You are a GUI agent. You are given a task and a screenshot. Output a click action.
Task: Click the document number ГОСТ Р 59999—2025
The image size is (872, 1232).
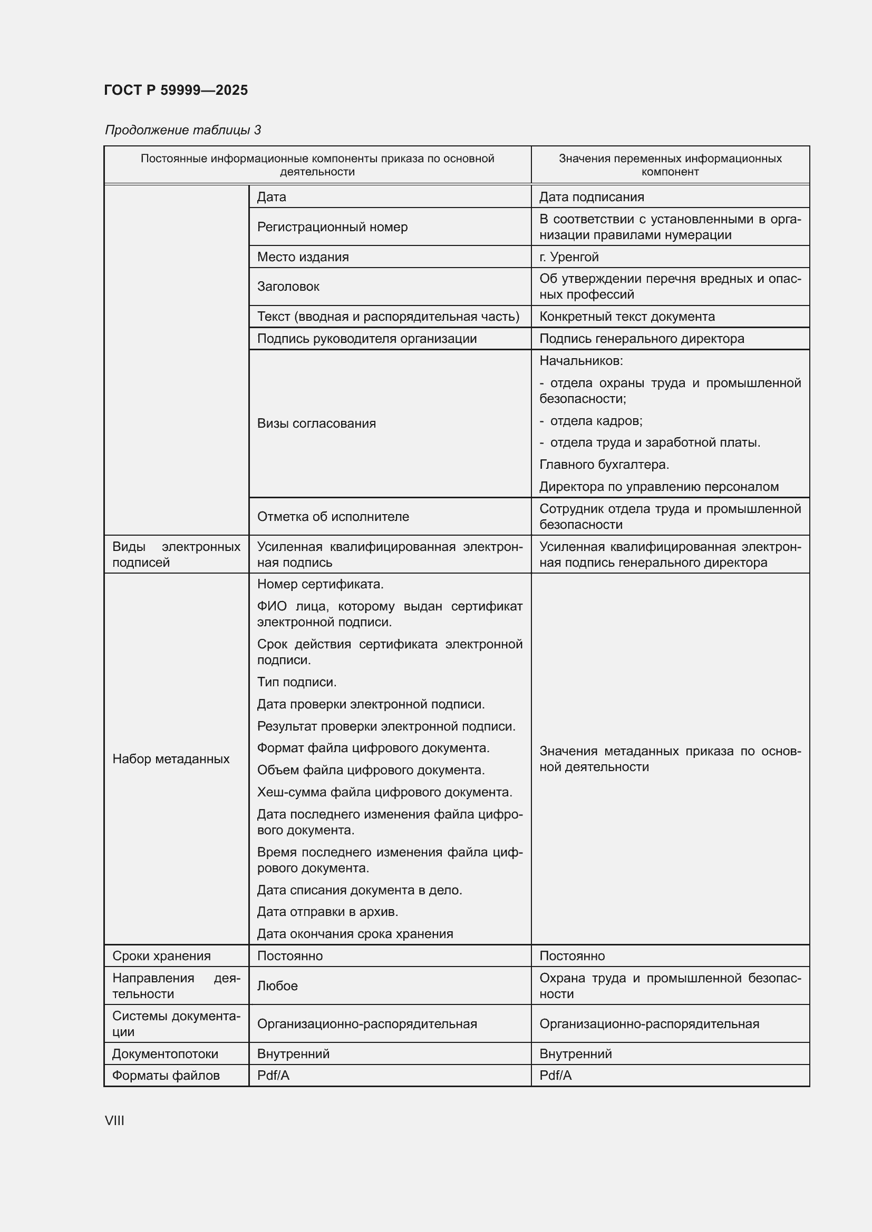(176, 90)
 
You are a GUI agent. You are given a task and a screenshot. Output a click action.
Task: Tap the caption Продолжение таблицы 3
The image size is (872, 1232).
(182, 130)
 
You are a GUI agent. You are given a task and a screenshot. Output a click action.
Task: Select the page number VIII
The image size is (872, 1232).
(114, 1120)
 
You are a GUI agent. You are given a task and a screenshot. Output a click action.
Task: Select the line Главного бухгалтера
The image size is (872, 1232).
(604, 465)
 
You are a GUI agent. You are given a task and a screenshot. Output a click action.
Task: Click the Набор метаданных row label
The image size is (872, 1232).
(171, 758)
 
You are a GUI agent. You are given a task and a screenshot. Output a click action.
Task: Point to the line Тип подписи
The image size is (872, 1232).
(296, 682)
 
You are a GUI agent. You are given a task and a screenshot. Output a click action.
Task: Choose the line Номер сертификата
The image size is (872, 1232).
(320, 584)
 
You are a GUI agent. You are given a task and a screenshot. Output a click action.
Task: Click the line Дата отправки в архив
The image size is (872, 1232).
(327, 912)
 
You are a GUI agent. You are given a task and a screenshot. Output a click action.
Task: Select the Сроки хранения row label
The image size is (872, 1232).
(161, 955)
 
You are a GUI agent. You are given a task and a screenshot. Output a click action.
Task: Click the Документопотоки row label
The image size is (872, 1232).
(165, 1054)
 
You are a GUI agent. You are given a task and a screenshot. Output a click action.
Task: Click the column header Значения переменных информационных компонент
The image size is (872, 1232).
(670, 165)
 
